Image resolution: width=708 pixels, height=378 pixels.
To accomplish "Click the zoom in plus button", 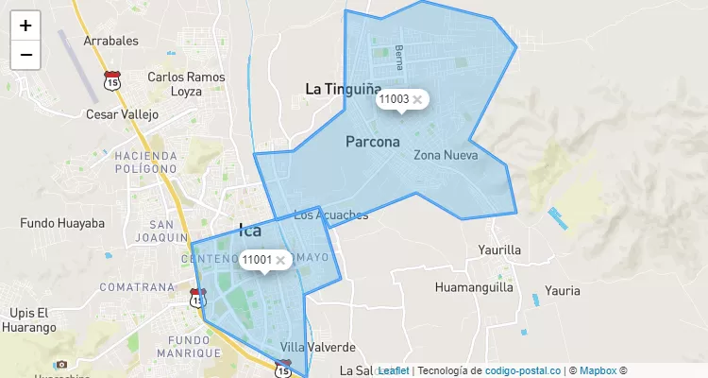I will tap(25, 26).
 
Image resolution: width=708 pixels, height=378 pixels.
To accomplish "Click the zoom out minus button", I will tap(25, 55).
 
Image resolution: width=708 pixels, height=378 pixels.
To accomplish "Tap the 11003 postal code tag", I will tap(393, 99).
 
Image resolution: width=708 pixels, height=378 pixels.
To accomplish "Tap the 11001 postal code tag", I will tap(256, 260).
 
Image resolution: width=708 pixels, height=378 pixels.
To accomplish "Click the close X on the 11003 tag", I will tap(417, 99).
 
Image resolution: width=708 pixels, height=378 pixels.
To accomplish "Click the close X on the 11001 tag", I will tap(280, 260).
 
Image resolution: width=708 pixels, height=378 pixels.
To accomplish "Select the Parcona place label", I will tap(373, 143).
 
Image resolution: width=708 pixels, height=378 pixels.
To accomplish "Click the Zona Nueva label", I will tap(446, 155).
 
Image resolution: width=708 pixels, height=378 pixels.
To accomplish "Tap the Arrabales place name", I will tap(111, 41).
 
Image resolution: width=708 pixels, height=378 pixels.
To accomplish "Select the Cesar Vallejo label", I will tap(122, 114).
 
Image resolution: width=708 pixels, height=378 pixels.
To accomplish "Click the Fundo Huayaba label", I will tap(62, 224).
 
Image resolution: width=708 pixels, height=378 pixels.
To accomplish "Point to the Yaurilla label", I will tap(499, 250).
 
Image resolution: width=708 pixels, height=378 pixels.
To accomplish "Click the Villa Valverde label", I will tap(318, 347).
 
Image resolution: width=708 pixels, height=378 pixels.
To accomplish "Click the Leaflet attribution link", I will tap(393, 371).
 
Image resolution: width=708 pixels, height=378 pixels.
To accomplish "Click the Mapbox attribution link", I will tap(598, 371).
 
